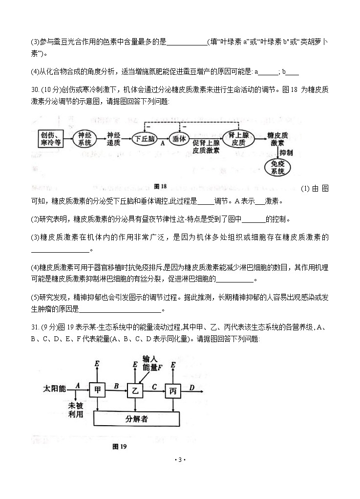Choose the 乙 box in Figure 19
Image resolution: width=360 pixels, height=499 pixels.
click(135, 390)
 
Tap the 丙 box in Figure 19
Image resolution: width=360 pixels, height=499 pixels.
click(172, 390)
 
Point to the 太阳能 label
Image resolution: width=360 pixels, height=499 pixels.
click(54, 389)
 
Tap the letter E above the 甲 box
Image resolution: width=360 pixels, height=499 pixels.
click(97, 364)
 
